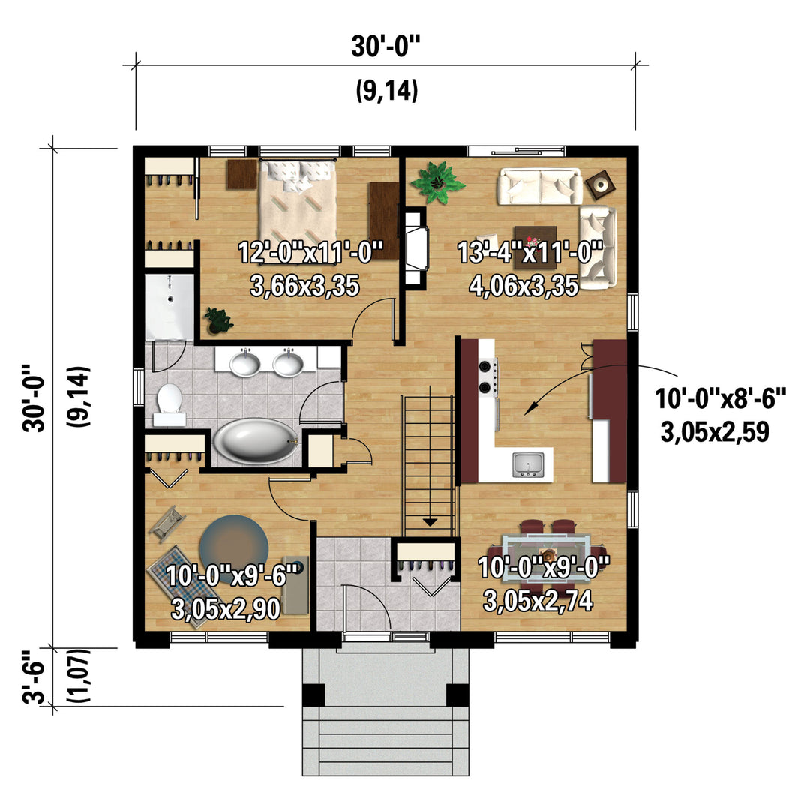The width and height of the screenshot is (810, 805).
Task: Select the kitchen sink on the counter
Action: click(528, 464)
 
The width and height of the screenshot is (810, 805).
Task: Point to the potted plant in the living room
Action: click(437, 182)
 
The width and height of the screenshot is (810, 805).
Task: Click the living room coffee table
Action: click(535, 248)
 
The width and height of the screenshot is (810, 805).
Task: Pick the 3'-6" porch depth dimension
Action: click(33, 677)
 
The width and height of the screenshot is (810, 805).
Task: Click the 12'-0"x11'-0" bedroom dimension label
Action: click(310, 253)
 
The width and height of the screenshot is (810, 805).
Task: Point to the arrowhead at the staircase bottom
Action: click(430, 522)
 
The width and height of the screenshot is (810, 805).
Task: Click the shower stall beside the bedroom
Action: click(169, 307)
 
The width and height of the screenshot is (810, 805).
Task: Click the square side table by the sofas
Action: click(601, 184)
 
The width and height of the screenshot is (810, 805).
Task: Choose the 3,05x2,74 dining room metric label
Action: click(538, 600)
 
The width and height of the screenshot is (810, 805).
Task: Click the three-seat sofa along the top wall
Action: click(539, 187)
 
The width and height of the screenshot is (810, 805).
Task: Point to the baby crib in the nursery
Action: click(166, 524)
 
